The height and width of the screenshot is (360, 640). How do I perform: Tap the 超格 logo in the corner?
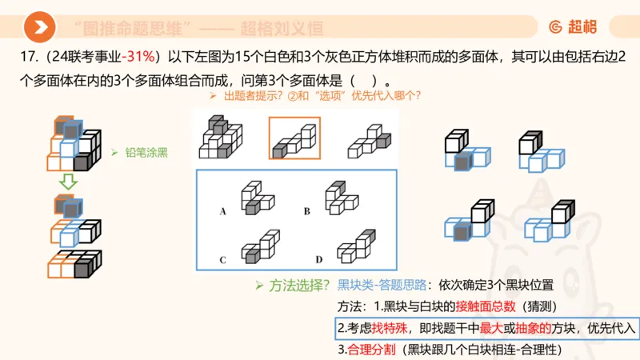point(572,27)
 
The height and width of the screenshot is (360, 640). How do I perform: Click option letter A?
point(222,211)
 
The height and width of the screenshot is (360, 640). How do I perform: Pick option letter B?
point(306,211)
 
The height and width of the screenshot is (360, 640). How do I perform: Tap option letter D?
point(318,259)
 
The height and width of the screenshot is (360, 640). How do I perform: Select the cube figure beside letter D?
point(355,246)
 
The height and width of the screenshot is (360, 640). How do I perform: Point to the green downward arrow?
point(70,182)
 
